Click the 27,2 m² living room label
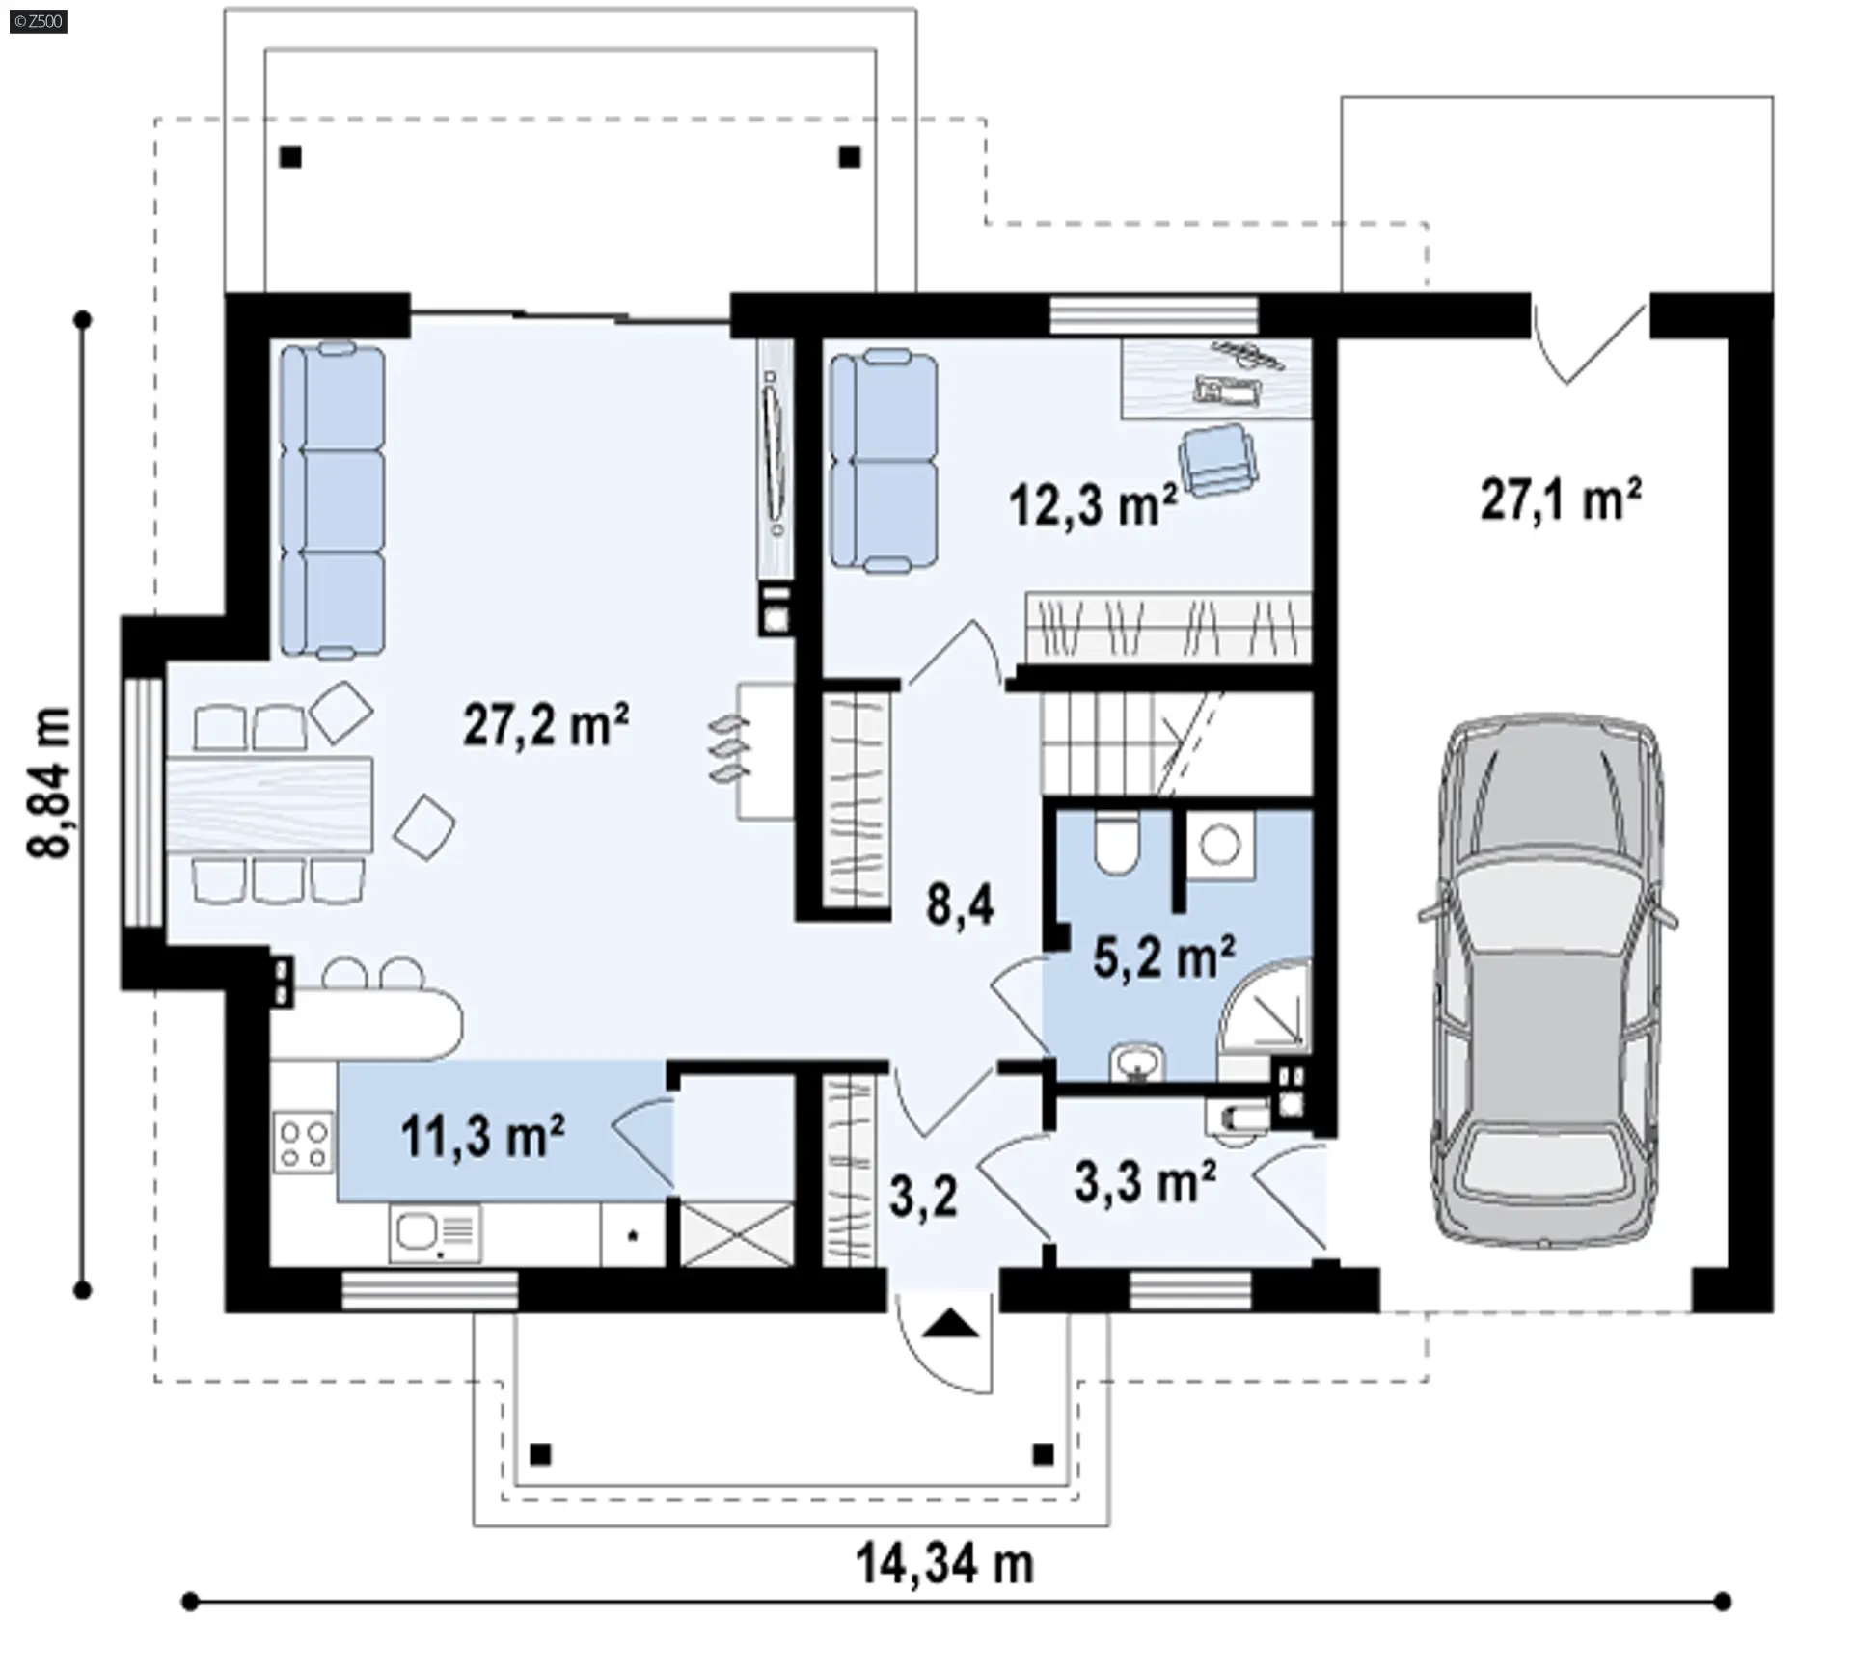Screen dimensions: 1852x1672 546,724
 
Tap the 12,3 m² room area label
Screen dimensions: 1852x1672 1093,504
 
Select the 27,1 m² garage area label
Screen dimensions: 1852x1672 1561,500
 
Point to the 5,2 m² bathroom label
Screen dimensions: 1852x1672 1163,957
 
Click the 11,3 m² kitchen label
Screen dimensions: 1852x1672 482,1136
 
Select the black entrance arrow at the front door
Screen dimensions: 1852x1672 950,1324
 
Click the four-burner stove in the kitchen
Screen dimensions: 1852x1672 303,1143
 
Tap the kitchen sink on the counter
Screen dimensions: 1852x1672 435,1232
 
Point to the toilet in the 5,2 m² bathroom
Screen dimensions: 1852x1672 1117,844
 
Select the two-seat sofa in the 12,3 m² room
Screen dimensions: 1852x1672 884,462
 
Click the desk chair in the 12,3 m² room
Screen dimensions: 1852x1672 1217,460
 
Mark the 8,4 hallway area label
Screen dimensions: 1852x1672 960,905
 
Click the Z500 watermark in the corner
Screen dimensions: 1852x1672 39,21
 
